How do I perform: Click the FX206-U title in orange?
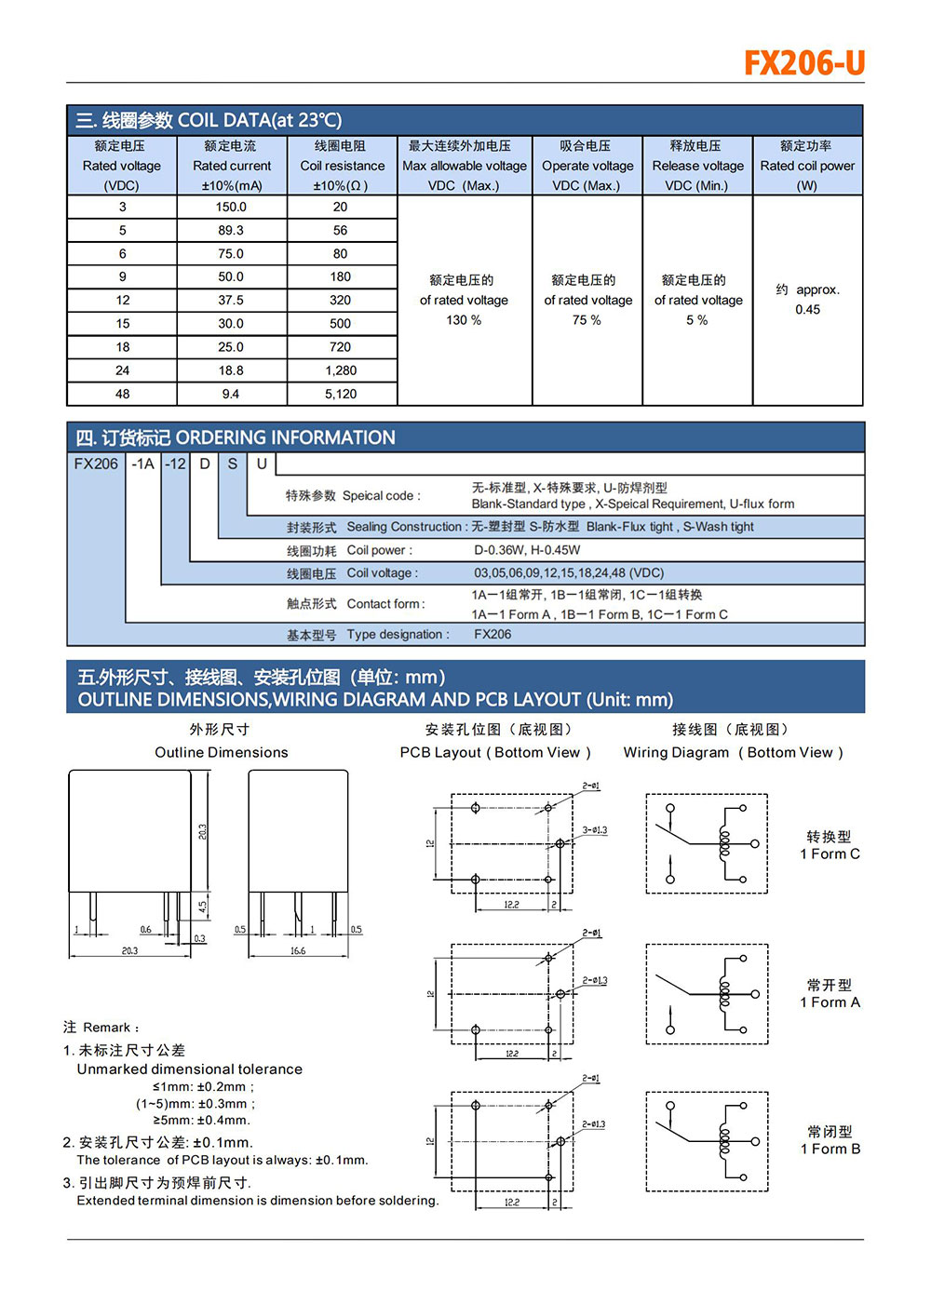coord(804,63)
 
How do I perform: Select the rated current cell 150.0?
coord(231,207)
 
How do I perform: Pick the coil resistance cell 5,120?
coord(341,394)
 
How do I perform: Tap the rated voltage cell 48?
coord(122,394)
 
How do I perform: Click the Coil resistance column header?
coord(342,166)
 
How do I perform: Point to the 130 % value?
coord(464,320)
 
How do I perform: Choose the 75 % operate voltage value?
coord(587,320)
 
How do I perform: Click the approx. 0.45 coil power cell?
coord(807,300)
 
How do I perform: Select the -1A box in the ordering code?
coord(142,464)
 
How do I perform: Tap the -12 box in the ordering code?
coord(175,464)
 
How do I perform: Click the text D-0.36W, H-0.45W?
coord(527,550)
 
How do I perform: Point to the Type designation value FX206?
coord(492,635)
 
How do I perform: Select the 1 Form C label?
coord(830,854)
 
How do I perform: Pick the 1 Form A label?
coord(830,1002)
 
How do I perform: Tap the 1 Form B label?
coord(830,1149)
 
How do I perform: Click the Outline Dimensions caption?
coord(222,752)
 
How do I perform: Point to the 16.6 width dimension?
coord(298,951)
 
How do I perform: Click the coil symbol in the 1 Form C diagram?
coord(724,843)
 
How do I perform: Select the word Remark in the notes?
coord(107,1028)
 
